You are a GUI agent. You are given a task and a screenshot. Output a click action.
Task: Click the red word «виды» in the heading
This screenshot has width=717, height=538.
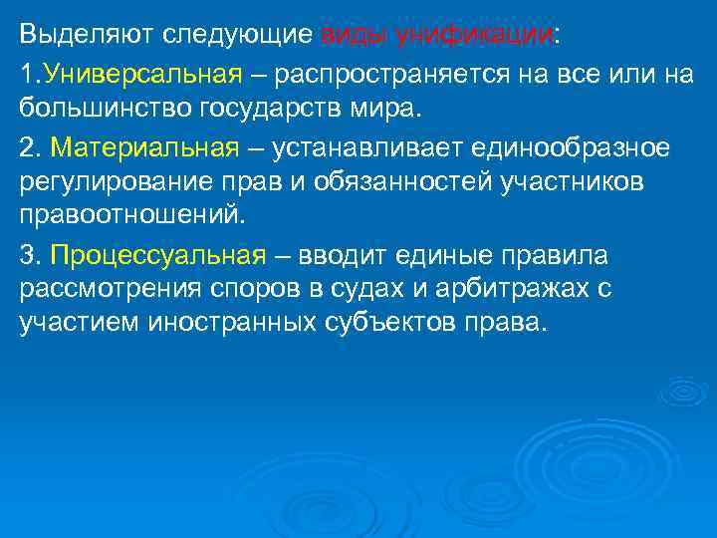point(355,36)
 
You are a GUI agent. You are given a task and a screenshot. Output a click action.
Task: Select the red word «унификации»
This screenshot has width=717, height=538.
point(474,36)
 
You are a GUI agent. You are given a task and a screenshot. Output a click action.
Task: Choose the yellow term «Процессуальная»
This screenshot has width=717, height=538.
point(157,255)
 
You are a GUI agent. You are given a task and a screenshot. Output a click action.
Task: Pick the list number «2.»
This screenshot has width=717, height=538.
point(30,147)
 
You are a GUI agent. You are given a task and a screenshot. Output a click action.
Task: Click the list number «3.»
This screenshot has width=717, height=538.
point(30,255)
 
